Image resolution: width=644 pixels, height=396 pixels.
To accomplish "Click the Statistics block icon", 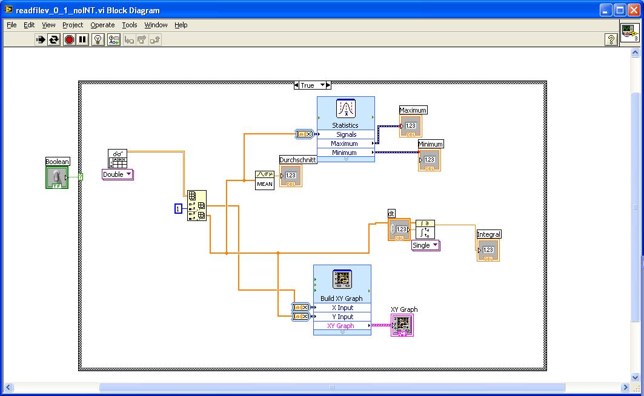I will tap(345, 110).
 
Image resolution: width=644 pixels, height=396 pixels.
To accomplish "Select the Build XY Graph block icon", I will tap(342, 280).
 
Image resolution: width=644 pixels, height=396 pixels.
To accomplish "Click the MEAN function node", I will tap(265, 180).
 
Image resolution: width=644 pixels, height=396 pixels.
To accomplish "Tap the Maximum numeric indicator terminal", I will tap(410, 126).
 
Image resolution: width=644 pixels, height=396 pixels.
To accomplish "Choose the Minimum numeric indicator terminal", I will tap(429, 160).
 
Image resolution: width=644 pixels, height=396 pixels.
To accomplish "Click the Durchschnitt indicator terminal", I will tap(290, 176).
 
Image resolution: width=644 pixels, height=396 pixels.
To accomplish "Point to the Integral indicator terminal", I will tap(488, 250).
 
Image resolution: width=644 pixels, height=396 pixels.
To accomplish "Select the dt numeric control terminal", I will tap(399, 229).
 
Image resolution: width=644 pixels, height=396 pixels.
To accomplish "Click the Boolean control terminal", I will tap(57, 177).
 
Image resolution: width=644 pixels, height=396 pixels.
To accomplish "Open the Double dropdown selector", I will tap(118, 174).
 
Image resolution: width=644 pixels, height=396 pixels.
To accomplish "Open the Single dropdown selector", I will tap(426, 245).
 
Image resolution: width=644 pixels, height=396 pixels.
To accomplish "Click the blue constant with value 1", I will tap(178, 208).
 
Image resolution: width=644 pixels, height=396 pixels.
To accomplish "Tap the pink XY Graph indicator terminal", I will tap(402, 325).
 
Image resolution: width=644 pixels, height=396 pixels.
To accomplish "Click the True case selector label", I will tap(307, 85).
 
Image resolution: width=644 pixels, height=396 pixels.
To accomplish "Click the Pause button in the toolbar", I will tap(82, 39).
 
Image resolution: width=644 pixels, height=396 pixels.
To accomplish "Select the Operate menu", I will tap(102, 25).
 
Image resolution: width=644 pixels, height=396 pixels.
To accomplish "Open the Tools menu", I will tap(130, 25).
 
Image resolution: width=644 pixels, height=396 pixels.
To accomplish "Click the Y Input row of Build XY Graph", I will tap(342, 317).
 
